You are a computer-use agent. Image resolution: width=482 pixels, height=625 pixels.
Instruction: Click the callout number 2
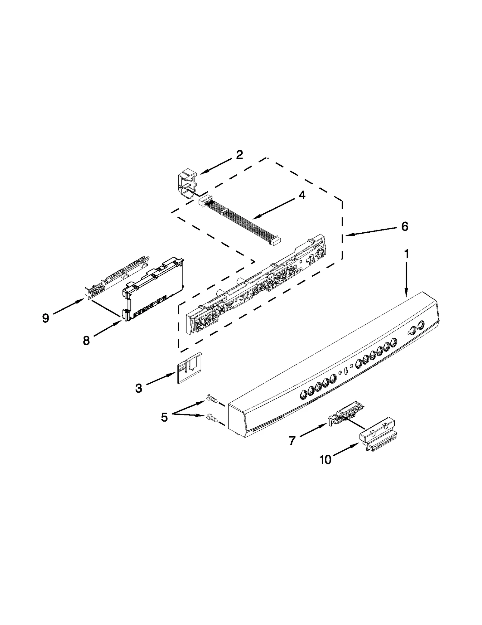[x=239, y=155]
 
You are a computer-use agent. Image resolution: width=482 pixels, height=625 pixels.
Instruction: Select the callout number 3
[x=138, y=388]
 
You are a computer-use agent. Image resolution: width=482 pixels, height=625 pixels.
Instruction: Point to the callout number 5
[x=164, y=417]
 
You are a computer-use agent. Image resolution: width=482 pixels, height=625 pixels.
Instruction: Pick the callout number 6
[x=405, y=226]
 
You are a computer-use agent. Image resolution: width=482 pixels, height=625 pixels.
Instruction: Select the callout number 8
[x=86, y=341]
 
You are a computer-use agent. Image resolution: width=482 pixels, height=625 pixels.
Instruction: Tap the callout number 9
[x=45, y=318]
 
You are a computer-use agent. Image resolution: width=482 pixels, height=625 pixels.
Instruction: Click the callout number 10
[x=325, y=460]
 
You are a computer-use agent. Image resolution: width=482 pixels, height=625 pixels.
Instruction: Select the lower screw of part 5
[x=212, y=418]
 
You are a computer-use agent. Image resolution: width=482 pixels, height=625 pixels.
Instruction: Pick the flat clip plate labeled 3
[x=189, y=368]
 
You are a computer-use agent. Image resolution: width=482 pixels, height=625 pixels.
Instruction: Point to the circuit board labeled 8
[x=154, y=287]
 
